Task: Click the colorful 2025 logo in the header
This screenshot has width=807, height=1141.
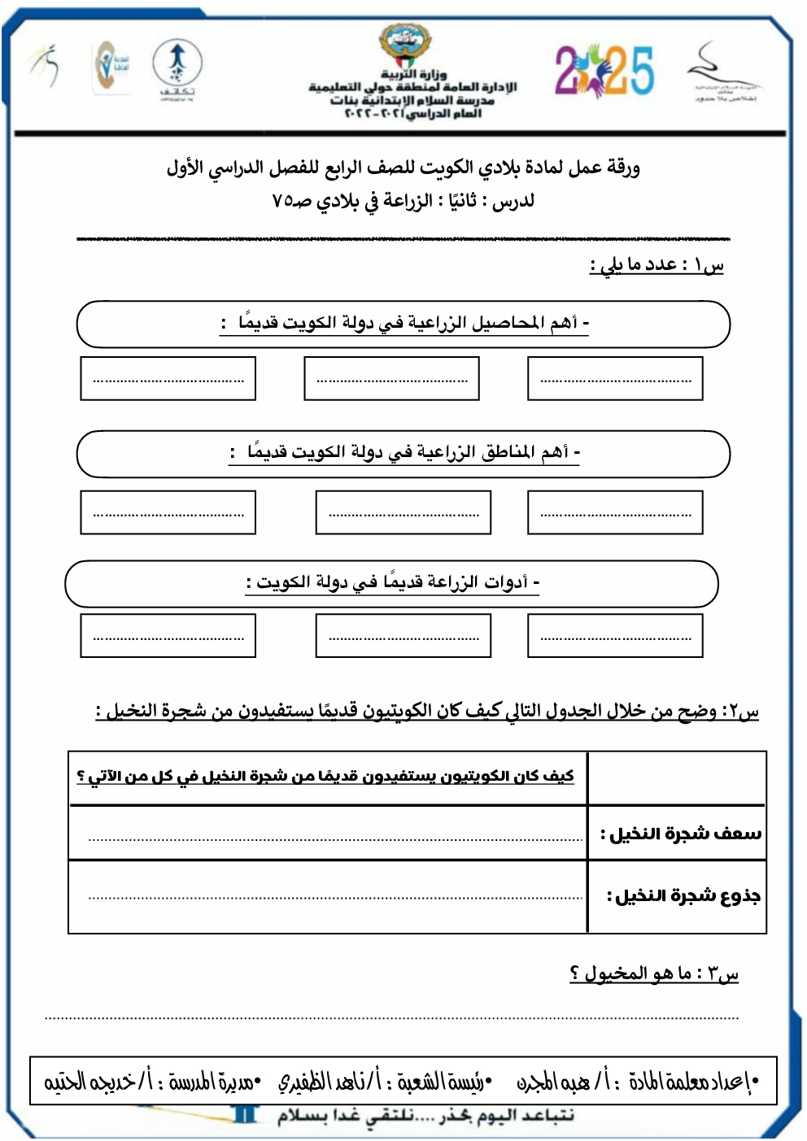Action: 604,71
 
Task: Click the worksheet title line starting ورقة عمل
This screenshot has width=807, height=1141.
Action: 403,168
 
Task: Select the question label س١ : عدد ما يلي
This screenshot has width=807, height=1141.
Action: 657,266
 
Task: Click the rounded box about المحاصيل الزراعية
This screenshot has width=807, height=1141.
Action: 403,324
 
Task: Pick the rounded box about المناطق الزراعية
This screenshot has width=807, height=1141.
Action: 403,453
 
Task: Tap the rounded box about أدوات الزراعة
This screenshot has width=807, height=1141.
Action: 391,583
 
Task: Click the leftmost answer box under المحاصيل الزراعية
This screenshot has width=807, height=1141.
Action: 168,379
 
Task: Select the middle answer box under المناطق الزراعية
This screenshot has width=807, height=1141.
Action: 403,512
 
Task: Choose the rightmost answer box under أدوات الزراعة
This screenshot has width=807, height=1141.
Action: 615,636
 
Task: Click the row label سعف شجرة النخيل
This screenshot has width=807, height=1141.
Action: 680,834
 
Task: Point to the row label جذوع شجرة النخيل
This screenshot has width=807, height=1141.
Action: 683,896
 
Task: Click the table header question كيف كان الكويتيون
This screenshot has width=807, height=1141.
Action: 325,777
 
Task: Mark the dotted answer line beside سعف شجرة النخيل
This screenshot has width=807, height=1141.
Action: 335,838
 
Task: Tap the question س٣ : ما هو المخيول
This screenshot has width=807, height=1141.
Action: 654,973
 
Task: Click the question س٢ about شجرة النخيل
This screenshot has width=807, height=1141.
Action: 427,712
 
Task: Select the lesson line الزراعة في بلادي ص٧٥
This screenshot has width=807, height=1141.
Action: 403,201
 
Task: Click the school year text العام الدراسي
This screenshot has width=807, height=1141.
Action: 413,114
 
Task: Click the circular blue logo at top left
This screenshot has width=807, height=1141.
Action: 177,64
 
